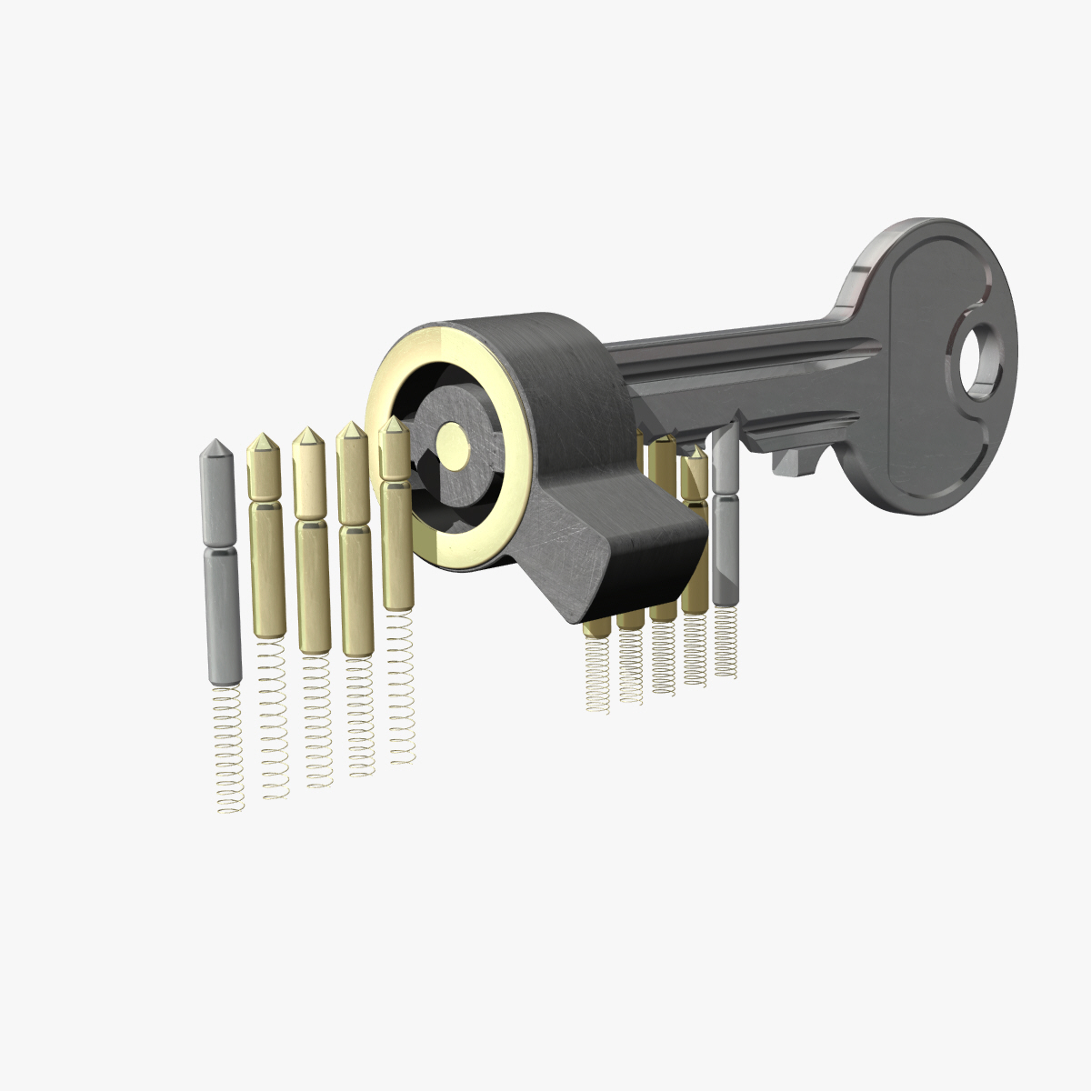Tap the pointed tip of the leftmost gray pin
click(215, 448)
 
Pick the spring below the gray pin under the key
click(725, 642)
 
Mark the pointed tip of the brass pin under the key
click(696, 452)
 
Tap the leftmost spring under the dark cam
click(597, 674)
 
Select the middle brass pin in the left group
click(311, 545)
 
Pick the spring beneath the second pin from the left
click(274, 718)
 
